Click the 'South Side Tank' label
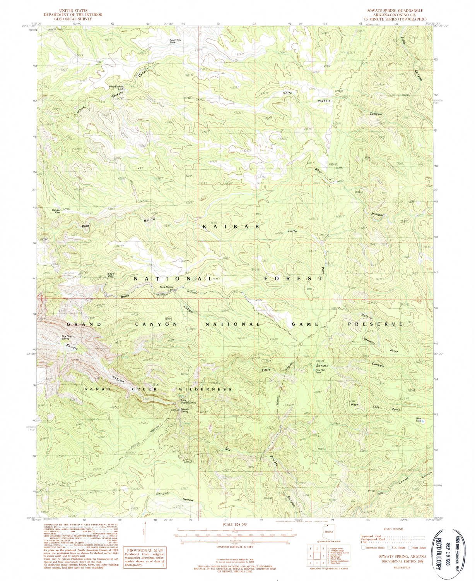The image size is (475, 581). pos(175,41)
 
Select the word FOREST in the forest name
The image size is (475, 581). pos(294,278)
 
